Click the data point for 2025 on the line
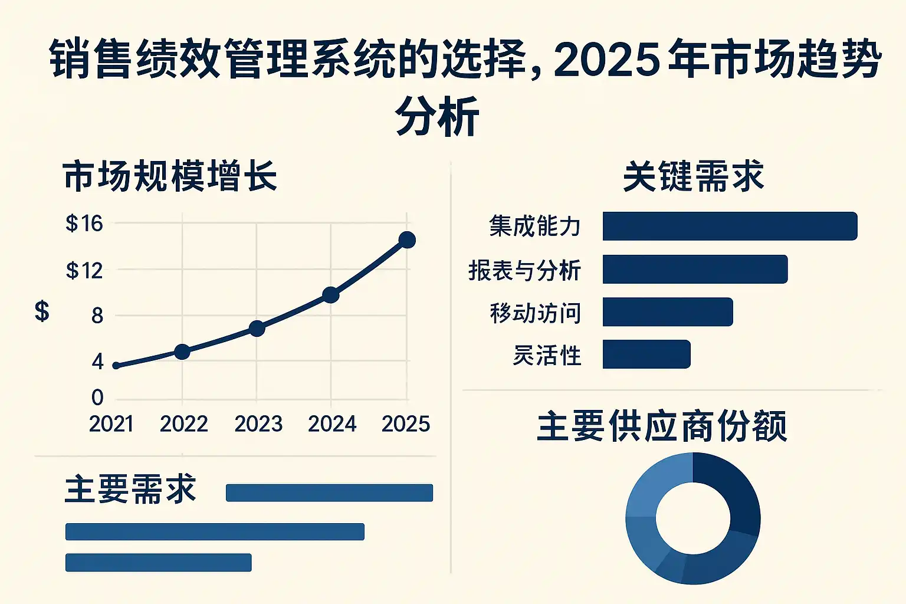click(x=407, y=240)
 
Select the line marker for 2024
click(x=331, y=295)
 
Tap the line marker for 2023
click(x=257, y=329)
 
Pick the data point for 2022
click(x=182, y=352)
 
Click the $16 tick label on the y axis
click(x=84, y=224)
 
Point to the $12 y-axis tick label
click(x=84, y=271)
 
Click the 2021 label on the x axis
click(x=111, y=424)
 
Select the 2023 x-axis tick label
click(x=258, y=424)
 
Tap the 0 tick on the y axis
click(x=97, y=398)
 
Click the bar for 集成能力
click(x=730, y=226)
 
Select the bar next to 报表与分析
click(x=695, y=269)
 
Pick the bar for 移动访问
click(x=668, y=312)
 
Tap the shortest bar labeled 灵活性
click(x=646, y=354)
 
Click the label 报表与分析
click(x=524, y=271)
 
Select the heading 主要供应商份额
click(x=662, y=426)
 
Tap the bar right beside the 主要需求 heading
click(x=329, y=493)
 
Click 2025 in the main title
click(x=606, y=60)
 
